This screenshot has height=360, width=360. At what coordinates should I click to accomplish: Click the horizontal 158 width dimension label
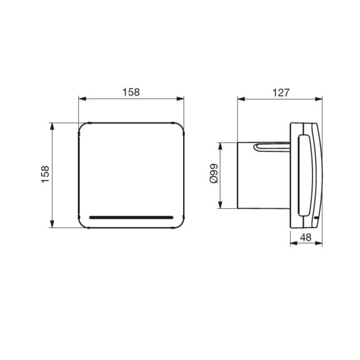click(131, 92)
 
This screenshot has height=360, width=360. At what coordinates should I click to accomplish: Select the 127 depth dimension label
click(281, 92)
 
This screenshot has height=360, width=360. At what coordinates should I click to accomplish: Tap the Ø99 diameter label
click(213, 174)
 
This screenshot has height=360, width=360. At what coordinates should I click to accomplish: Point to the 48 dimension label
click(306, 237)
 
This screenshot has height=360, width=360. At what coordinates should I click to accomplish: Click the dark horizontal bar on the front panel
click(131, 217)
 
